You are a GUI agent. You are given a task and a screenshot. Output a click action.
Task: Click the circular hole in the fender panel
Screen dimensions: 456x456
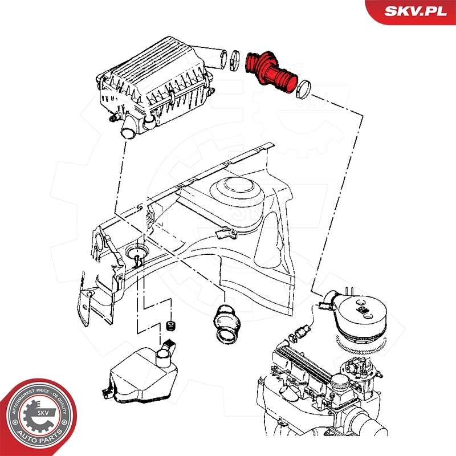click(x=136, y=252)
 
